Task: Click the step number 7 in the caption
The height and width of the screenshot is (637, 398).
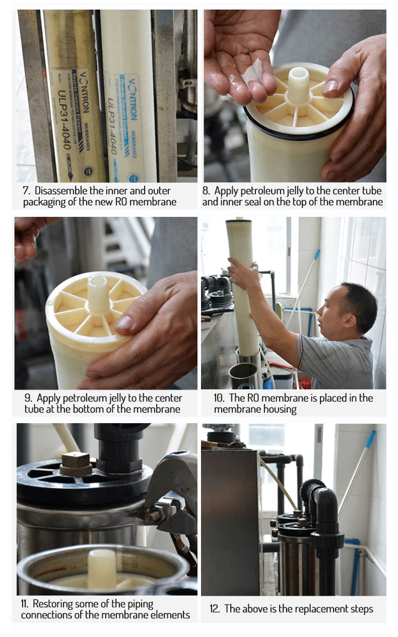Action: (26, 191)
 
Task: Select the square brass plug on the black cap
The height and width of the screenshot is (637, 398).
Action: (76, 463)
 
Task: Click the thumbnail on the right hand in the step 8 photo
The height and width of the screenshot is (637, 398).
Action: (330, 87)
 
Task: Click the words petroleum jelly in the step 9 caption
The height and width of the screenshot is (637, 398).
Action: (93, 398)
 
